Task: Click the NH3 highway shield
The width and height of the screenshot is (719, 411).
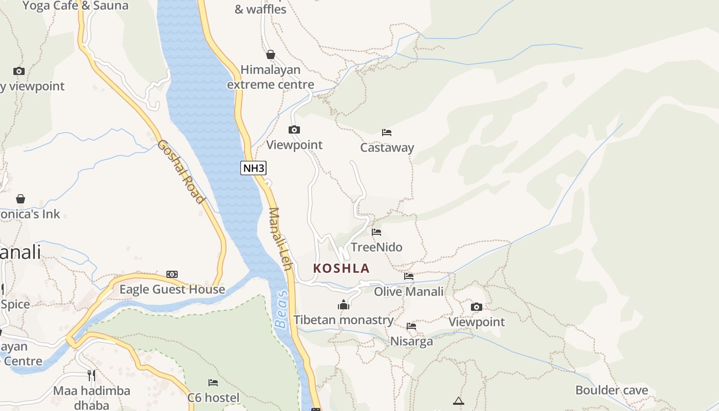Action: (254, 168)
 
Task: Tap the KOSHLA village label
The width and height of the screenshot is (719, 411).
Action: (342, 268)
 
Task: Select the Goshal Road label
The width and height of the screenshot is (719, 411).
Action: (181, 171)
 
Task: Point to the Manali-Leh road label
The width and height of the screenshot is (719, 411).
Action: (280, 238)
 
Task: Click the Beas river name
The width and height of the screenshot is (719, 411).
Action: (281, 313)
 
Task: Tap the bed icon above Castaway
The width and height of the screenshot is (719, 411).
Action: (387, 133)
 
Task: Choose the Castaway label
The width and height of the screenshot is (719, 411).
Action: (387, 148)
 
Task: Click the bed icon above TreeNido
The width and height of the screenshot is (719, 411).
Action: (376, 232)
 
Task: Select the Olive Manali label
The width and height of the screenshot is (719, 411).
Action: (408, 292)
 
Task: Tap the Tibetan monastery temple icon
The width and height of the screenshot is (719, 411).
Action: (344, 305)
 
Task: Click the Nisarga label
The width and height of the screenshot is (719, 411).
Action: (411, 342)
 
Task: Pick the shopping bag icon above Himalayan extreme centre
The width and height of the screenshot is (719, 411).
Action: (271, 54)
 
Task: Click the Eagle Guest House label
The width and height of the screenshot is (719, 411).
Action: (172, 290)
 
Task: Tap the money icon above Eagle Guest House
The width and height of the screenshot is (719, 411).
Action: (172, 274)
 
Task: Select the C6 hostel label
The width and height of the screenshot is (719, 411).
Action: (213, 398)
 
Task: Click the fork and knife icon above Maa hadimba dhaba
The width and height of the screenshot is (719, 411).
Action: (91, 376)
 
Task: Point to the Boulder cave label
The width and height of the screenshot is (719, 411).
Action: (611, 390)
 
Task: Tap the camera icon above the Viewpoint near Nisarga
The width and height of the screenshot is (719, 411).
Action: (477, 307)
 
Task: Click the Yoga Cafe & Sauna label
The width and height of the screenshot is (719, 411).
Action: (75, 6)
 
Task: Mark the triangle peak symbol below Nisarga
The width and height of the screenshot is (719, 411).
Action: (459, 401)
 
